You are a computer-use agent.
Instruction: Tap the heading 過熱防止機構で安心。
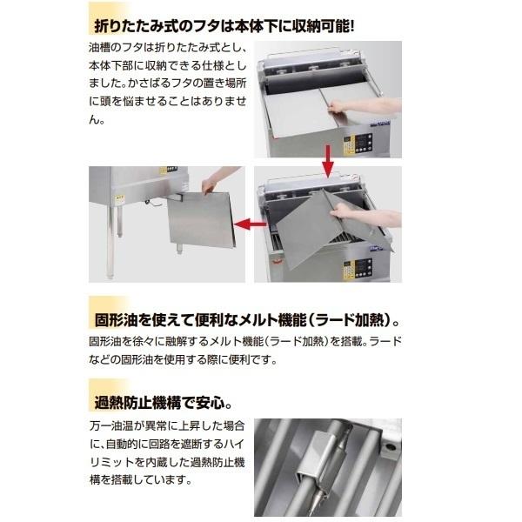[x=161, y=403]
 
